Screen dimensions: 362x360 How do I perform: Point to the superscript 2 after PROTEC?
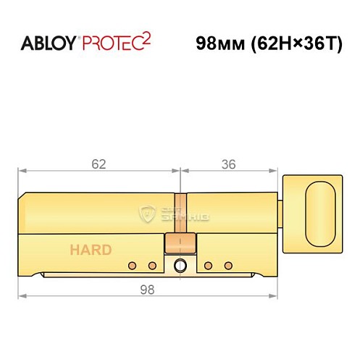coord(145,38)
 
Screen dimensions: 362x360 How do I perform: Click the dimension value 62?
coord(99,164)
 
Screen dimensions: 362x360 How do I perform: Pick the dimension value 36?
coord(229,164)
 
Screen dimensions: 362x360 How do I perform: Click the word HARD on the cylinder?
coord(91,251)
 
